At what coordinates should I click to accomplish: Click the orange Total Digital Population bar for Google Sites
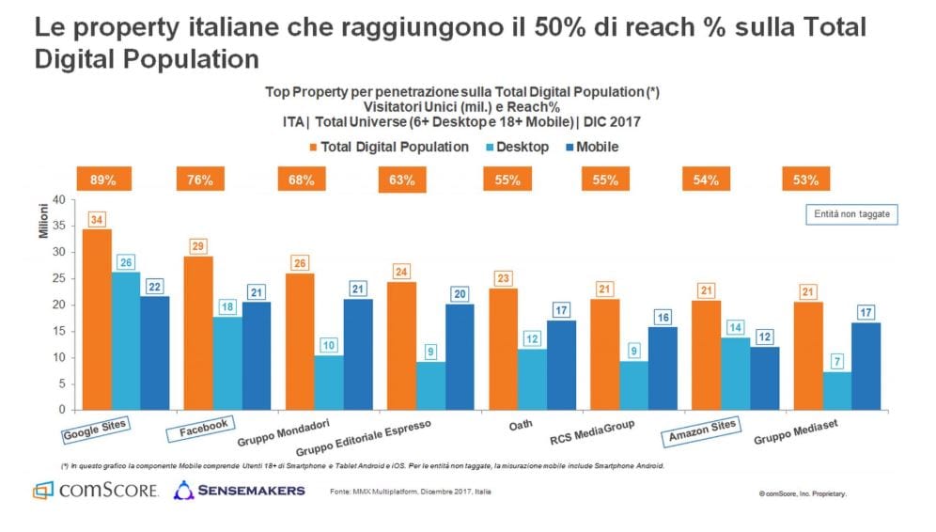click(x=97, y=320)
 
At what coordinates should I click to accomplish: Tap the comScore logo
click(x=95, y=491)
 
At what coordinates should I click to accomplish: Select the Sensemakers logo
click(x=239, y=491)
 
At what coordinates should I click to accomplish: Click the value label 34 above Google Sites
click(x=97, y=219)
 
